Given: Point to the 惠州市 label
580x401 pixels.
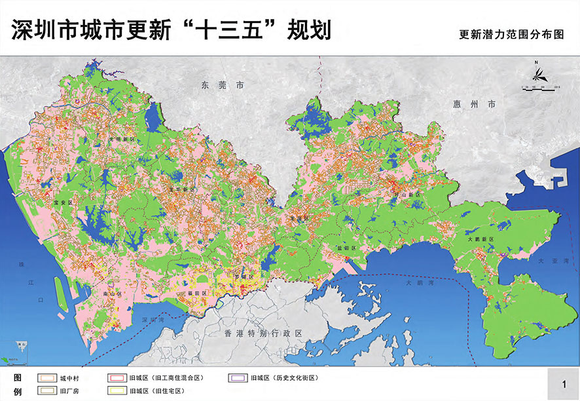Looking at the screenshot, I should pyautogui.click(x=474, y=104).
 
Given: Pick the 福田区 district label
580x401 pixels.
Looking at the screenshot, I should pyautogui.click(x=197, y=293).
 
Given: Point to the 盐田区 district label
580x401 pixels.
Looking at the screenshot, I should pyautogui.click(x=345, y=248).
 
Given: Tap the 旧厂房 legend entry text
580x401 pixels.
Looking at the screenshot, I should pyautogui.click(x=69, y=391).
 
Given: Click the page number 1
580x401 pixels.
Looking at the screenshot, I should pyautogui.click(x=563, y=383).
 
